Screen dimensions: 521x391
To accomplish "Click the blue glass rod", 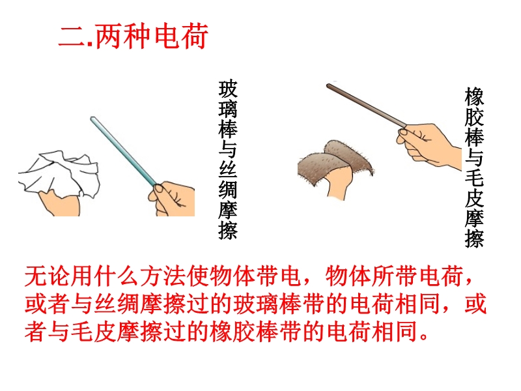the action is click(124, 152).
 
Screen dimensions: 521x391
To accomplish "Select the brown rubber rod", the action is click(367, 106).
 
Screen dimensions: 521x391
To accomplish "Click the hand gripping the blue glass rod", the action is click(172, 199).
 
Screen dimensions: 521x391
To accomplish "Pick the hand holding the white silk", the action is click(60, 203).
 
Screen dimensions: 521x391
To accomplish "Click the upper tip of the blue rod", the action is click(92, 118).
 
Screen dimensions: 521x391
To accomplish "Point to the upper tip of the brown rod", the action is click(328, 86).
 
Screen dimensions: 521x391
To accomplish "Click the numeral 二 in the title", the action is click(72, 36).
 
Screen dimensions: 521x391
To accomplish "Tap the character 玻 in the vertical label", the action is click(229, 89).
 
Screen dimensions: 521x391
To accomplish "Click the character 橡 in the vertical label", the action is click(474, 96).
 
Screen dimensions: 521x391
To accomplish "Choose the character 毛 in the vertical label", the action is click(474, 177).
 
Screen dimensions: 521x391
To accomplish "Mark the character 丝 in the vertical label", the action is click(229, 169).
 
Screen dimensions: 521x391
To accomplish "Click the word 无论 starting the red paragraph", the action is click(48, 276).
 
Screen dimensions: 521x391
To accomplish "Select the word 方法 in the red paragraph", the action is click(163, 276).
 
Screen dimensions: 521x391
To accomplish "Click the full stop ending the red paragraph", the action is click(424, 336).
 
